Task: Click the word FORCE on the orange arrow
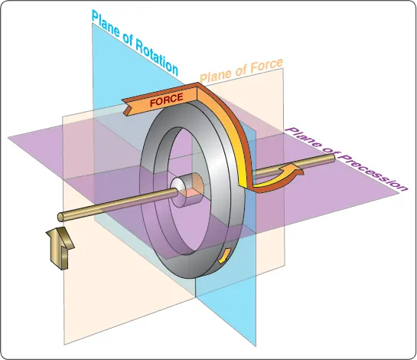tap(167, 100)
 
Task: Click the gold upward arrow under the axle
tap(60, 247)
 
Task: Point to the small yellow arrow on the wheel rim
tap(225, 255)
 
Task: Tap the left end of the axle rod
tap(61, 217)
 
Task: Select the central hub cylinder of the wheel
tap(187, 189)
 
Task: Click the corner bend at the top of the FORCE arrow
tap(197, 85)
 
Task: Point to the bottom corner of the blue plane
tap(256, 347)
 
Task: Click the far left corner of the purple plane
tap(8, 138)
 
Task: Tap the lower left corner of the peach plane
tap(64, 345)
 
